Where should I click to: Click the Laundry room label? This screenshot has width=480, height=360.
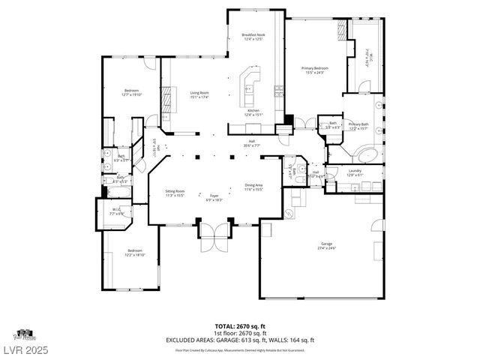coord(355,172)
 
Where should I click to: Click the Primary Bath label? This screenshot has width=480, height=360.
coord(358,126)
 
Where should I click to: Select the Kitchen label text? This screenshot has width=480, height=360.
coord(253,112)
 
